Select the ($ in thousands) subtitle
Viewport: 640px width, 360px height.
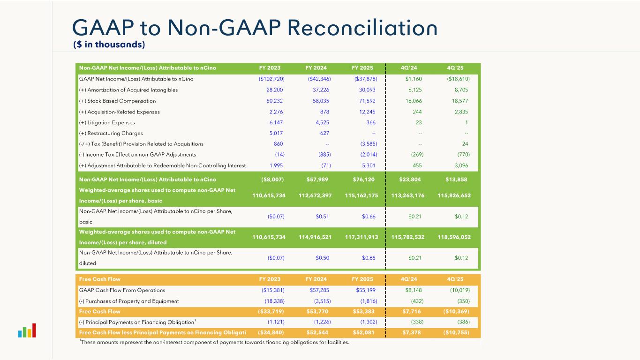[x=109, y=45]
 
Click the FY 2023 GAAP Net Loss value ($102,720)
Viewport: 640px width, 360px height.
[x=271, y=79]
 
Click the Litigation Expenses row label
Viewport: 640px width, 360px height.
[x=107, y=122]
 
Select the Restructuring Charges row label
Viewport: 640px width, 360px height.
[x=111, y=133]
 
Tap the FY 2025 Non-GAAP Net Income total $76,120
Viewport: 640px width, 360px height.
[x=365, y=179]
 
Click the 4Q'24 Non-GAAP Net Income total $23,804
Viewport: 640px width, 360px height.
[x=412, y=179]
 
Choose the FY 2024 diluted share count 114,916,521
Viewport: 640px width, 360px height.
[x=315, y=237]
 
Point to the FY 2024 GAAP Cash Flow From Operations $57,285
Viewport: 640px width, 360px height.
[x=320, y=290]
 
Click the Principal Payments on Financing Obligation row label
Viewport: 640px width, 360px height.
[x=136, y=322]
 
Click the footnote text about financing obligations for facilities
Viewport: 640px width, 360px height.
[x=214, y=342]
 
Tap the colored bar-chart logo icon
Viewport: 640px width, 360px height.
[x=27, y=331]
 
